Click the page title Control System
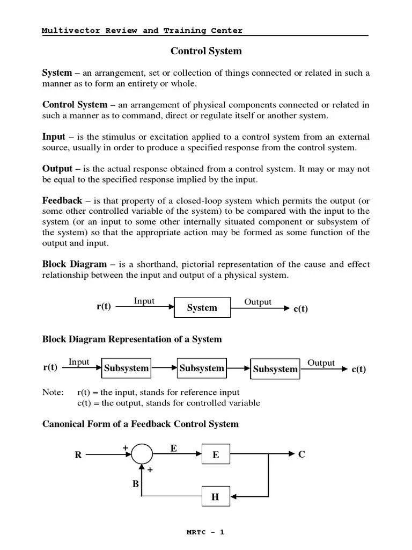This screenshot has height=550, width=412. click(206, 52)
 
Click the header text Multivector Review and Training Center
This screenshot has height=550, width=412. click(142, 31)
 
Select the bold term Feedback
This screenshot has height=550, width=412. click(62, 200)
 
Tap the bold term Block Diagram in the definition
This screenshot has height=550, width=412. click(75, 264)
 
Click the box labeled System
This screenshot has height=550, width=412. click(202, 308)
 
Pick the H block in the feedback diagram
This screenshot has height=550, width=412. click(216, 497)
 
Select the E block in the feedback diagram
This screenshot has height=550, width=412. click(216, 454)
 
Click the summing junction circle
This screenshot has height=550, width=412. click(142, 454)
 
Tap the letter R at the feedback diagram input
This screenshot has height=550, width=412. click(78, 455)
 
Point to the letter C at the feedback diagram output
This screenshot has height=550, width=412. click(301, 454)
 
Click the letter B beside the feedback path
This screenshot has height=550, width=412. click(136, 483)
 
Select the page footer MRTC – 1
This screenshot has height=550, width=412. click(205, 532)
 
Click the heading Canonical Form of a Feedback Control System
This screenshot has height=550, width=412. click(141, 424)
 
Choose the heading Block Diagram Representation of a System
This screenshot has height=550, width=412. click(132, 339)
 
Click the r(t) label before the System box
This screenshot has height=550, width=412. click(104, 307)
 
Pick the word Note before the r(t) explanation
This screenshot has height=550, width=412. click(52, 393)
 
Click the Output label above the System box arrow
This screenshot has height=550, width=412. click(258, 302)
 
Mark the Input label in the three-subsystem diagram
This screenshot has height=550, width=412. click(79, 362)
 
